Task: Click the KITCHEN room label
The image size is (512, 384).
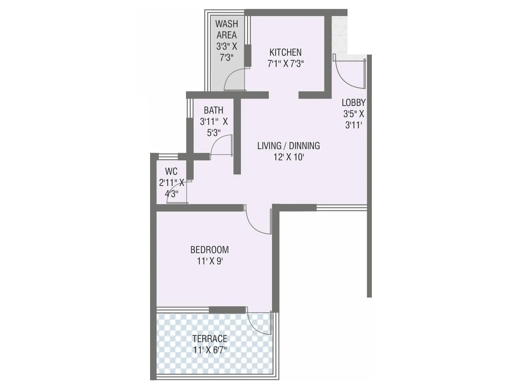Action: coord(285,52)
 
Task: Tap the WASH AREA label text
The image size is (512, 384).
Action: coord(227,29)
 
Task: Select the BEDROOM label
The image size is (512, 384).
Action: coord(210,250)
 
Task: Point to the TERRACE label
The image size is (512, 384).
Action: coord(210,339)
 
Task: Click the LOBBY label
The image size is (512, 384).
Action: coord(354,102)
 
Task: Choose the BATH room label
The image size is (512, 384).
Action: coord(213,110)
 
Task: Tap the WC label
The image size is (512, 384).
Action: coord(171,171)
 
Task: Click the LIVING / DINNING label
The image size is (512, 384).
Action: coord(288,146)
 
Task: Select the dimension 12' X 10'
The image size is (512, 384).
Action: coord(288,157)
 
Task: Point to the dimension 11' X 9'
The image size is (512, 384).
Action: coord(210,261)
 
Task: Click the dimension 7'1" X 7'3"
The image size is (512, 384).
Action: coord(285,64)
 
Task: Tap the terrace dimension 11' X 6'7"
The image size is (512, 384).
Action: coord(210,350)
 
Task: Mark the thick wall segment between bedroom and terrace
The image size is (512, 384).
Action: coord(227,310)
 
